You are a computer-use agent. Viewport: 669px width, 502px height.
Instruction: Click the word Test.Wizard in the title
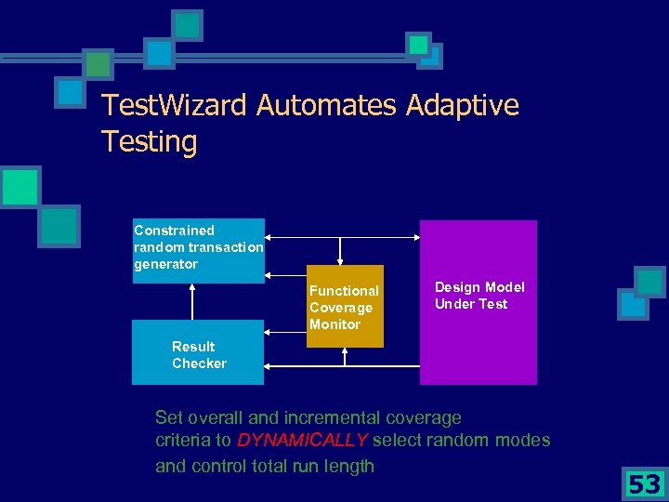(175, 105)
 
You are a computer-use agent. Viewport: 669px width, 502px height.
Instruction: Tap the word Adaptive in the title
(463, 105)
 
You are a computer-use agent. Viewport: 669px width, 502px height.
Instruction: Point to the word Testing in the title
(149, 142)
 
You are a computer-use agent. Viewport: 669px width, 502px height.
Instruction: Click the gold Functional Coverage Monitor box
(345, 307)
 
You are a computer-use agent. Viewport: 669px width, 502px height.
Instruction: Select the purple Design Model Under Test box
(479, 302)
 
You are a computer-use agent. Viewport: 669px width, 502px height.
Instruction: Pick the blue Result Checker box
(198, 353)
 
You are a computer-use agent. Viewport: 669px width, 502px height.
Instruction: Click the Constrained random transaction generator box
(198, 249)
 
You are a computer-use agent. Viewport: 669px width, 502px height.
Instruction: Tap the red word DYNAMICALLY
(303, 440)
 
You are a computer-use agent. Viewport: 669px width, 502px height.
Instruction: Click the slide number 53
(643, 484)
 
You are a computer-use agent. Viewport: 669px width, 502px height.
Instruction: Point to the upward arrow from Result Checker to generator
(192, 301)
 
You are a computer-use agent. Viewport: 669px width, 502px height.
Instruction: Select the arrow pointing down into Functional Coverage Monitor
(340, 251)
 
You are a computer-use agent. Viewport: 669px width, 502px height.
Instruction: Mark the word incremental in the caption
(329, 417)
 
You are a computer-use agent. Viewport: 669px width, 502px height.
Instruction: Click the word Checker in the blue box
(199, 363)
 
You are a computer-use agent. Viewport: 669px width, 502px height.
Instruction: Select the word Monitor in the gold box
(334, 324)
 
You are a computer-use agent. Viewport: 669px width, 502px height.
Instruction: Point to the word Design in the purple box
(455, 287)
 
